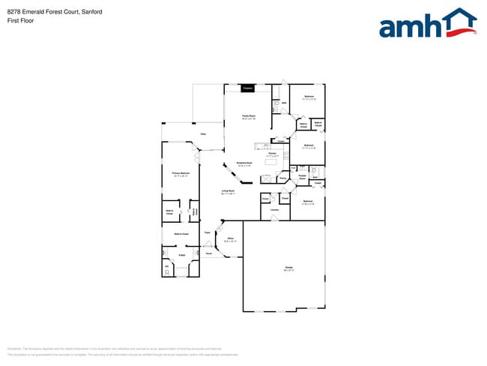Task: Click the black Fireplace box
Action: [247, 88]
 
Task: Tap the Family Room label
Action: [248, 116]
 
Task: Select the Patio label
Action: [202, 135]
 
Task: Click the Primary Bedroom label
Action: [181, 173]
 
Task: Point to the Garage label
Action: [288, 268]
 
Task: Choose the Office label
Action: [231, 239]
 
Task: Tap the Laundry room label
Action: [275, 210]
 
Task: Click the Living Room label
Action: [228, 191]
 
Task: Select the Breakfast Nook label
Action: [244, 163]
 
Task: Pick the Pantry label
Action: [283, 178]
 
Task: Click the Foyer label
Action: [208, 234]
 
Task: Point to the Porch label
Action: [209, 253]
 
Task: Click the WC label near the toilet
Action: [166, 266]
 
